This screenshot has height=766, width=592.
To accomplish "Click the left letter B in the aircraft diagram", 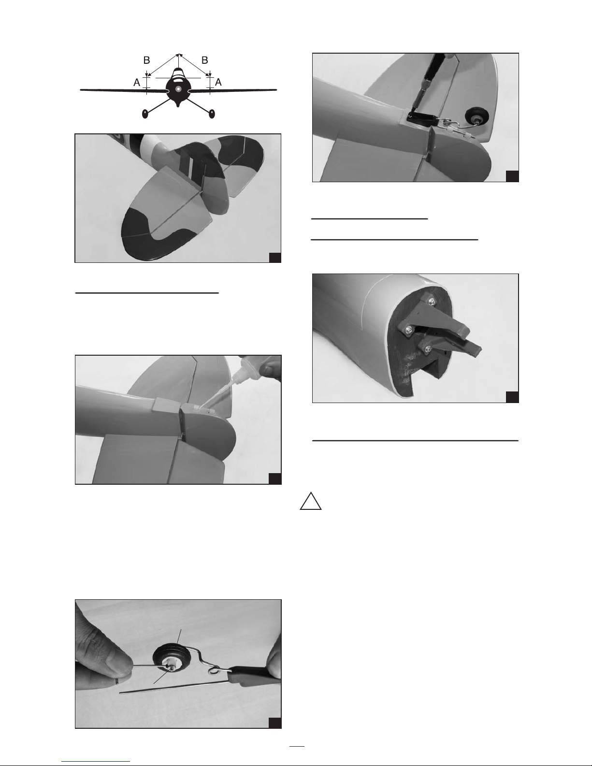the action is click(146, 60).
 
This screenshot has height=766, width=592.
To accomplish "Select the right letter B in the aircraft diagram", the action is click(205, 60).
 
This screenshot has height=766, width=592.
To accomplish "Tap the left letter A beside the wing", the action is click(137, 83).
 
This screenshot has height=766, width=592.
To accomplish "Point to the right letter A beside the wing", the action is click(218, 83).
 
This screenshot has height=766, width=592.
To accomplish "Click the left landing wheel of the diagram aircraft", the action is click(145, 114).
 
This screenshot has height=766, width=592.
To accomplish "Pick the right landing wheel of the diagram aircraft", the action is click(212, 114).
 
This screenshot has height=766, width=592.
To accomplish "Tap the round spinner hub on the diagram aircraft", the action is click(178, 89).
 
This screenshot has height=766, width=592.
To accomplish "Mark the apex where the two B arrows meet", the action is click(179, 54).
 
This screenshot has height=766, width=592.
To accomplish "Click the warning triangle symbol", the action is click(310, 502).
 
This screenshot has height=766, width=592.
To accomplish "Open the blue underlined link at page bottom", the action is click(96, 761).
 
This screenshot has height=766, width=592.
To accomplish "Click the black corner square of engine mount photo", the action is click(512, 397).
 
